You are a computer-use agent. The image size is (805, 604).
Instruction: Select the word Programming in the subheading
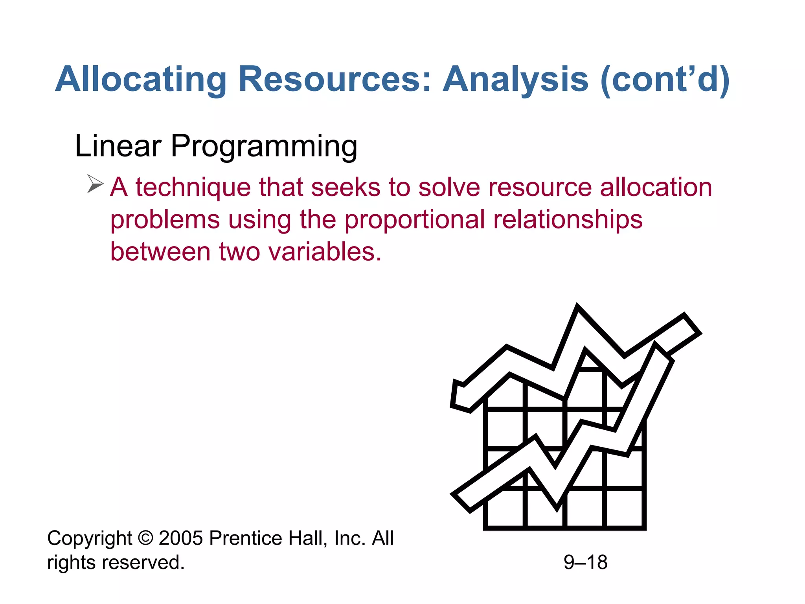pos(264,147)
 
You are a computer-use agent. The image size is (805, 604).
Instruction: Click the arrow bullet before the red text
pos(95,184)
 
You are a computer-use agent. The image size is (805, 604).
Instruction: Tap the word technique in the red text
pos(193,187)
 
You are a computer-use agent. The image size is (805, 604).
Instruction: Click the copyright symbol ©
pos(145,538)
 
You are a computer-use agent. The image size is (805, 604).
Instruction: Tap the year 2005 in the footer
pos(180,538)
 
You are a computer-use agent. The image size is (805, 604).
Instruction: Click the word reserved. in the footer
pos(143,562)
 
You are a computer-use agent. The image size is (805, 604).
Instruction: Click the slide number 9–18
pos(585,562)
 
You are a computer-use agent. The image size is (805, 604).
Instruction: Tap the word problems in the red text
pos(165,220)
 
